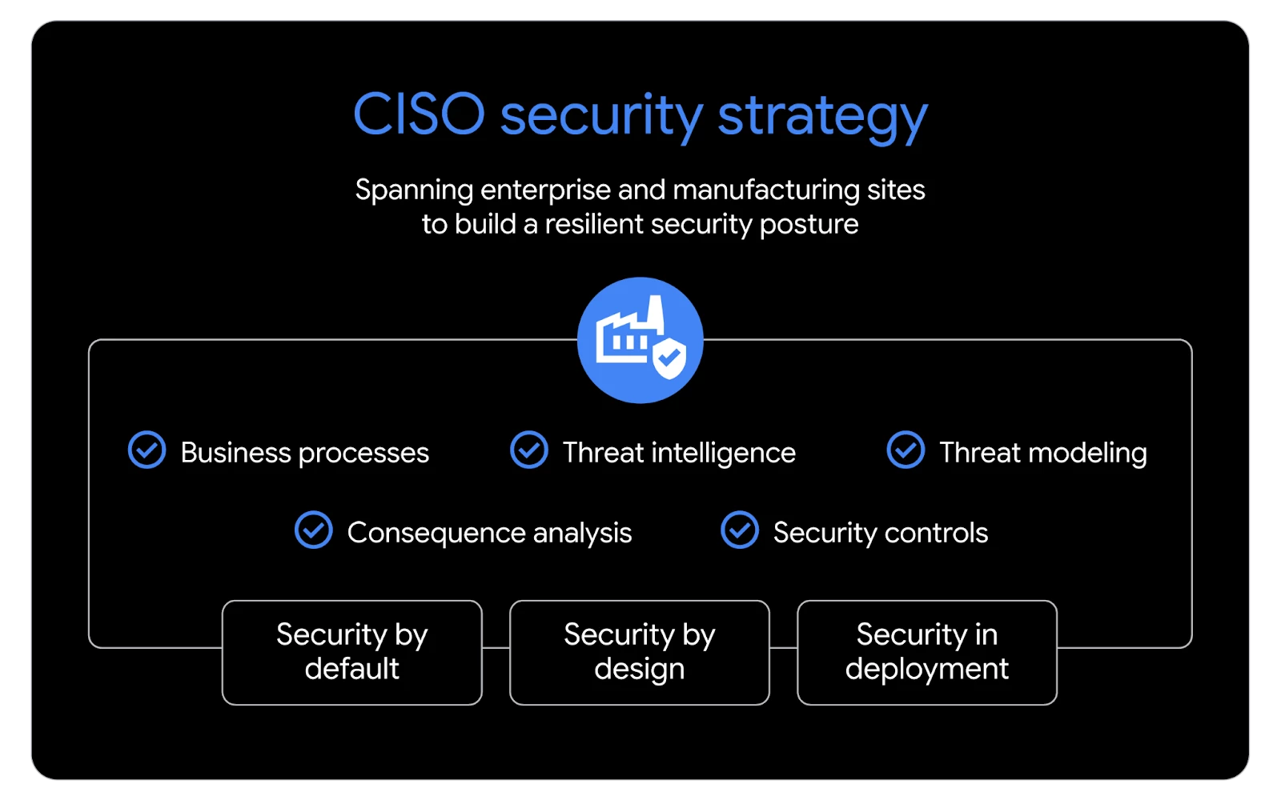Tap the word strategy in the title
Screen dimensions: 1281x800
click(x=822, y=117)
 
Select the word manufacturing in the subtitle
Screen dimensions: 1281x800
click(x=765, y=190)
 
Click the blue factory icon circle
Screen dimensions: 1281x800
click(x=640, y=341)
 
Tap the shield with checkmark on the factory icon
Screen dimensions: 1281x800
click(x=669, y=358)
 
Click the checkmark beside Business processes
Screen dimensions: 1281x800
click(x=147, y=450)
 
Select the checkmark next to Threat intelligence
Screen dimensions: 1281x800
click(x=529, y=450)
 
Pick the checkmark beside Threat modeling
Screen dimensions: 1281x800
click(x=906, y=450)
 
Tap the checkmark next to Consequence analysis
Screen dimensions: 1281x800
click(x=313, y=530)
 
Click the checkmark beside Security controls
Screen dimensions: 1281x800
click(x=740, y=530)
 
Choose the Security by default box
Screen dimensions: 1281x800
click(x=352, y=653)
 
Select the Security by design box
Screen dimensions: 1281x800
click(x=640, y=653)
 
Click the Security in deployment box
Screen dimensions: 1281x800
click(x=927, y=653)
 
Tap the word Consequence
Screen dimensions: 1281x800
click(x=436, y=534)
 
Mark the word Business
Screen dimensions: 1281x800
click(x=235, y=453)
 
